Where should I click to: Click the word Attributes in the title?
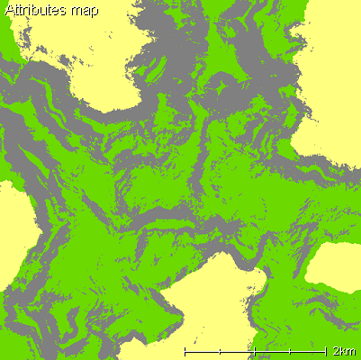coord(35,12)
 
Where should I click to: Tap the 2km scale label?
coord(342,349)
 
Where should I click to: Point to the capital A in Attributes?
coord(9,12)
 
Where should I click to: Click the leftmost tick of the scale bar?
coord(185,348)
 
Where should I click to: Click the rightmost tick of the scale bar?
coord(325,348)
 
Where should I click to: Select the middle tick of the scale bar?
coord(255,348)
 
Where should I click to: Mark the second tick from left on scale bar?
coord(220,348)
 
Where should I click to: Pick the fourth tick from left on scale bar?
coord(290,348)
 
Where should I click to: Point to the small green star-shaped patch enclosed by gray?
coord(219,89)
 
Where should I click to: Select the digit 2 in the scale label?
coord(336,349)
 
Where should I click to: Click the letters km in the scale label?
coord(347,349)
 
